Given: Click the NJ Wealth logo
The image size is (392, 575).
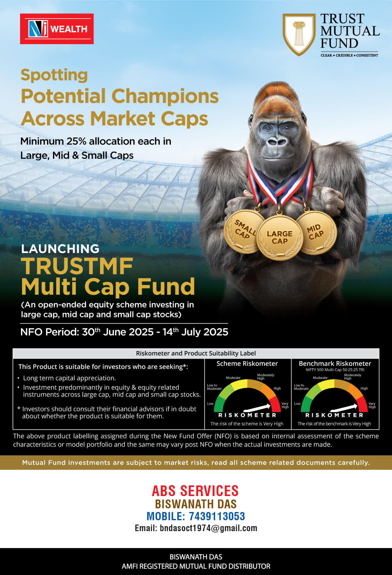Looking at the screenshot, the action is pyautogui.click(x=57, y=29).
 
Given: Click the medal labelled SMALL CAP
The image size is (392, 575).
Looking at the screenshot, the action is pyautogui.click(x=244, y=231).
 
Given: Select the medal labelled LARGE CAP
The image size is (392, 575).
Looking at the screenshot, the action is pyautogui.click(x=280, y=238).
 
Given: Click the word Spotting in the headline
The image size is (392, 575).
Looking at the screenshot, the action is pyautogui.click(x=54, y=75).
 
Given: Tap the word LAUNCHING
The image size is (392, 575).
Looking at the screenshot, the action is pyautogui.click(x=60, y=249).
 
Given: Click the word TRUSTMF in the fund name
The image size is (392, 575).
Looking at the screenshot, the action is pyautogui.click(x=77, y=266).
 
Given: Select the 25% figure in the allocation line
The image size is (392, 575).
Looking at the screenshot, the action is pyautogui.click(x=77, y=141).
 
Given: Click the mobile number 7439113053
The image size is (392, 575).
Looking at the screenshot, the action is pyautogui.click(x=217, y=516).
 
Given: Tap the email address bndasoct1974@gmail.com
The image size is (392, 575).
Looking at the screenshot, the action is pyautogui.click(x=208, y=528).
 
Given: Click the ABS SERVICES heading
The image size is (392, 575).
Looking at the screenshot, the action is pyautogui.click(x=195, y=491).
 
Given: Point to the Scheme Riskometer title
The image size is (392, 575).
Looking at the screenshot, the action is pyautogui.click(x=247, y=364).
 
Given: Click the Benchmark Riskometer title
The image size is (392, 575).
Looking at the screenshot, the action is pyautogui.click(x=335, y=364).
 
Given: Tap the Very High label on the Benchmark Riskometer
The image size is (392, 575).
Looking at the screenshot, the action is pyautogui.click(x=372, y=405).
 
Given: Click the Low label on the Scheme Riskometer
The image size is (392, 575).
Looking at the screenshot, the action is pyautogui.click(x=210, y=404).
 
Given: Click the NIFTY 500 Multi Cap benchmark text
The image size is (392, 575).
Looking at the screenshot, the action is pyautogui.click(x=335, y=370).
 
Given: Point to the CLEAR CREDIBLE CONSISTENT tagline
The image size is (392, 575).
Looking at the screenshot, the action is pyautogui.click(x=349, y=55).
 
